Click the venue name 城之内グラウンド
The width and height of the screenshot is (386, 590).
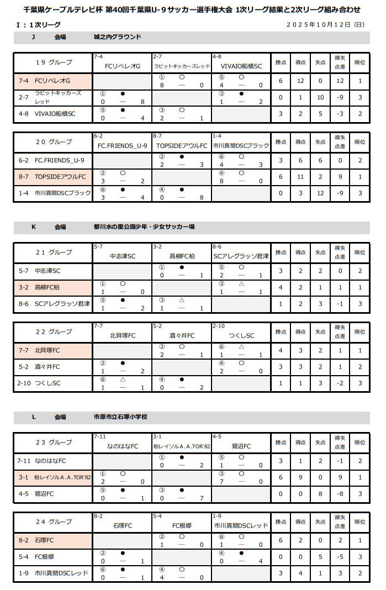pyautogui.click(x=117, y=37)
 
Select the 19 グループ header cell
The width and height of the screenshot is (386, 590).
pyautogui.click(x=54, y=62)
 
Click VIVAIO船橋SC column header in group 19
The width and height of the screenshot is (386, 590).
pyautogui.click(x=241, y=66)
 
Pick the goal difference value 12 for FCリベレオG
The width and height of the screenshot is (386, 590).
pyautogui.click(x=340, y=81)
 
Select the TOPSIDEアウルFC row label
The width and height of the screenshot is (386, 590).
pyautogui.click(x=60, y=177)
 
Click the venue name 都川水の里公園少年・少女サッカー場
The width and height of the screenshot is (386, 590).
pyautogui.click(x=144, y=227)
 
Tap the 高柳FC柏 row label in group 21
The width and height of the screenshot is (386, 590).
pyautogui.click(x=47, y=287)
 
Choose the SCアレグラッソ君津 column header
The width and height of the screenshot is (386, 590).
pyautogui.click(x=241, y=256)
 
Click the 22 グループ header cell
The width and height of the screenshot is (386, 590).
pyautogui.click(x=54, y=332)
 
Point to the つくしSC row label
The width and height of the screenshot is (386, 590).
pyautogui.click(x=47, y=383)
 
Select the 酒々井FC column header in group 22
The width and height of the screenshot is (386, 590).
pyautogui.click(x=182, y=336)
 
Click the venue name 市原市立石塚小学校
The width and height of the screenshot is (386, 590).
pyautogui.click(x=120, y=417)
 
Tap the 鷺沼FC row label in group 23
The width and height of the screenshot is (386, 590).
pyautogui.click(x=44, y=493)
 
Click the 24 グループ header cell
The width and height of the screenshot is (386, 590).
pyautogui.click(x=54, y=521)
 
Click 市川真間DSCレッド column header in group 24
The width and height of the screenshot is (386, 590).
pyautogui.click(x=241, y=525)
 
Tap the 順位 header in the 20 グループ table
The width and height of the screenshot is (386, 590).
pyautogui.click(x=359, y=142)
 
